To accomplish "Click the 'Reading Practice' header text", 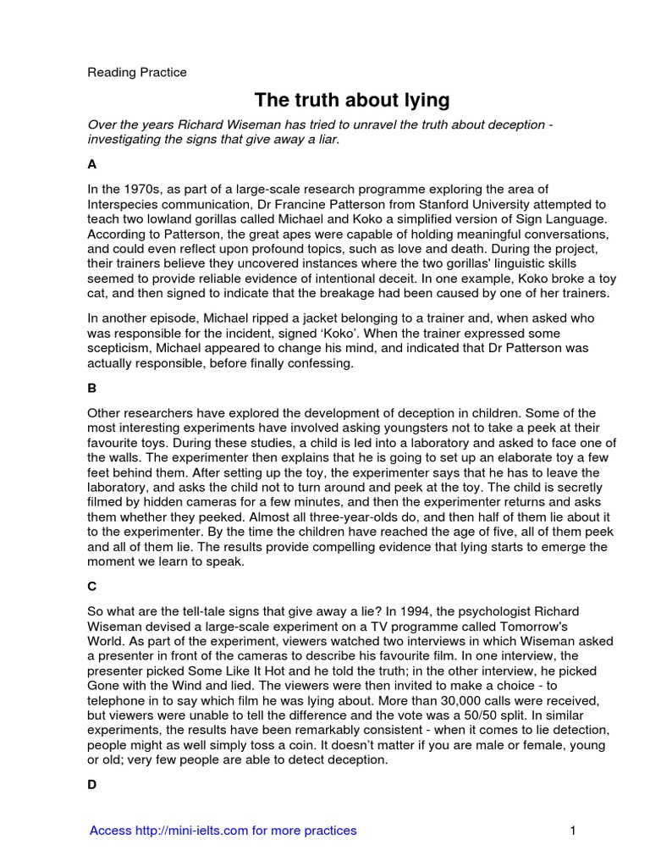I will [137, 73].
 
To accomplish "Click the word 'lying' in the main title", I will [423, 101].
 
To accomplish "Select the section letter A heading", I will [92, 165].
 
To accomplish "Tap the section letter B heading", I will [92, 389].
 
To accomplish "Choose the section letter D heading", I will [92, 785].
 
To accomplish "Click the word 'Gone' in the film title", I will [105, 684].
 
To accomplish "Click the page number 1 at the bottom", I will [573, 831].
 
